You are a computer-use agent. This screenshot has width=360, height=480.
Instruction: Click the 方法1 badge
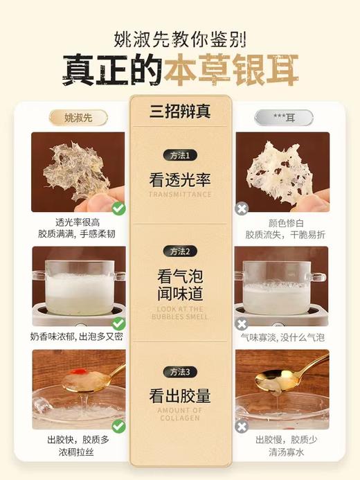179,155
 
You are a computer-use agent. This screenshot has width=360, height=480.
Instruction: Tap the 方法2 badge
179,251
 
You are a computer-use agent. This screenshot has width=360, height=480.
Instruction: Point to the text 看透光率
179,180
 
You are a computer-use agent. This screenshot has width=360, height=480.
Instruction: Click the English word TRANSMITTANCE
179,195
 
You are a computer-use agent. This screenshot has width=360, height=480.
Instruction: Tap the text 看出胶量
179,396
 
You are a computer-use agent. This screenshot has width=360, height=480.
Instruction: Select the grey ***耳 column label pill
283,117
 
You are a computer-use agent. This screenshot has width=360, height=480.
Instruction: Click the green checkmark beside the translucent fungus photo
118,207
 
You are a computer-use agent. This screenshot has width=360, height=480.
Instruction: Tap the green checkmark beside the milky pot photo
118,323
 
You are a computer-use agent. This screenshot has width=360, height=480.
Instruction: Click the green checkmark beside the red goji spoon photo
118,425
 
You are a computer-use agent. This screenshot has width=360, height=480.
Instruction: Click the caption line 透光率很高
78,223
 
